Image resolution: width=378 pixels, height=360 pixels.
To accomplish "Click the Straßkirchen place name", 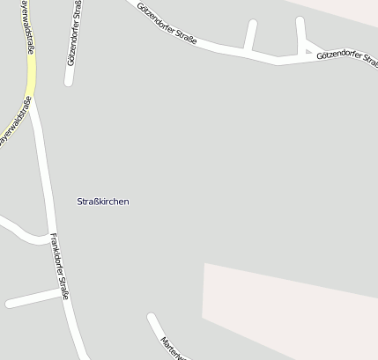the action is (x=102, y=202).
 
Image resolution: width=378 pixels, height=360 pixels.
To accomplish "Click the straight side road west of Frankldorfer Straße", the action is (x=35, y=299).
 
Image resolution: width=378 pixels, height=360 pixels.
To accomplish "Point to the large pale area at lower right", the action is (x=291, y=308).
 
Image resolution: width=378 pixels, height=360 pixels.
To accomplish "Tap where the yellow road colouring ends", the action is (x=33, y=95).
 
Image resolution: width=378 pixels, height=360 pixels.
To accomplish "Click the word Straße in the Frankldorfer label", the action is (x=63, y=283).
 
